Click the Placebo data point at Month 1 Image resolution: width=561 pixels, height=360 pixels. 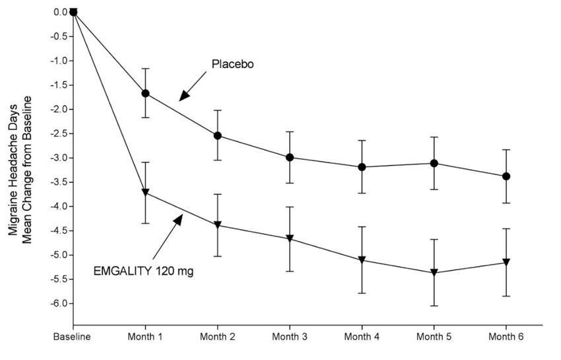click(x=145, y=93)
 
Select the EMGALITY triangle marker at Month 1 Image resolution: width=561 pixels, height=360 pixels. click(x=145, y=193)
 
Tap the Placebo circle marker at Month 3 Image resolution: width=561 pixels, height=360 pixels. click(x=290, y=157)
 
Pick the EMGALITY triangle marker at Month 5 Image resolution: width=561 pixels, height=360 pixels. click(x=434, y=272)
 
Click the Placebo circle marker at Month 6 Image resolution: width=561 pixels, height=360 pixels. click(x=506, y=176)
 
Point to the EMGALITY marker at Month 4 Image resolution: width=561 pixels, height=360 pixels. click(x=362, y=260)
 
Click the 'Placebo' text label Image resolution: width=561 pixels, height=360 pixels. click(x=232, y=65)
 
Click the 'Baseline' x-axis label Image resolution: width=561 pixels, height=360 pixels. click(x=73, y=337)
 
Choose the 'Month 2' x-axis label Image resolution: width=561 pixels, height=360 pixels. click(x=217, y=337)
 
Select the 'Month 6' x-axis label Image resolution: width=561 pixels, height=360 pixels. click(x=506, y=337)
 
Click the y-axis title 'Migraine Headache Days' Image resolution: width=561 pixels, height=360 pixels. click(x=13, y=168)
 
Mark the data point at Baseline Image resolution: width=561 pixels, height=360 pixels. click(x=73, y=11)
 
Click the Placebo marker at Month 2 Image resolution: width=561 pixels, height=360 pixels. click(x=217, y=135)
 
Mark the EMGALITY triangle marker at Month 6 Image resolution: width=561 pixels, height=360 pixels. click(x=506, y=262)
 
